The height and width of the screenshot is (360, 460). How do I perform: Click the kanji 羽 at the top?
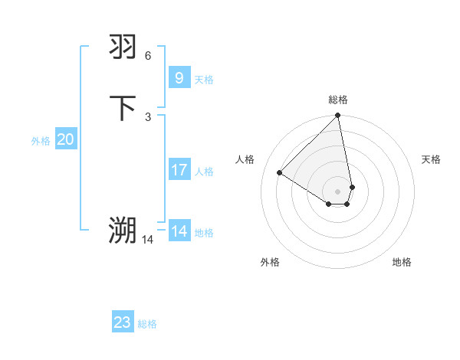point(123,47)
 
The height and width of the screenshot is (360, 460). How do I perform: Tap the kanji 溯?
point(123,230)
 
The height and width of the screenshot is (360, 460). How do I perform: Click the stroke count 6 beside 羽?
point(148,56)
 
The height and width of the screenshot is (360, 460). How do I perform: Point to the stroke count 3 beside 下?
point(148,116)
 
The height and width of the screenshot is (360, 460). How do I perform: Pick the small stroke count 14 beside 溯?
point(147,239)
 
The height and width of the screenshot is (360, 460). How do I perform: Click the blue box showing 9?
point(179,78)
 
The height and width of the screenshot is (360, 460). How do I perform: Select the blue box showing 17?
point(179,170)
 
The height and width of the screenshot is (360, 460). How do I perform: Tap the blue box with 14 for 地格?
point(179,231)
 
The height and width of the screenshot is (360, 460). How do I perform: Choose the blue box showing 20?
point(65,139)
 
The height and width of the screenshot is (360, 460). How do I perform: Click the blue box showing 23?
point(123,322)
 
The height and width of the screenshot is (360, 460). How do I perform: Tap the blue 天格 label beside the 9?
point(204,80)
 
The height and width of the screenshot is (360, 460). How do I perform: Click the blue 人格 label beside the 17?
point(204,172)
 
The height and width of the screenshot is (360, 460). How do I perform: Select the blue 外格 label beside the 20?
point(40,141)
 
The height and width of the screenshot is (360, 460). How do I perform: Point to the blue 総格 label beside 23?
point(147,324)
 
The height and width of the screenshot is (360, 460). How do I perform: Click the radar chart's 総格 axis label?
point(338,100)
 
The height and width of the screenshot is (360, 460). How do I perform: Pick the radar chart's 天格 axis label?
point(431,159)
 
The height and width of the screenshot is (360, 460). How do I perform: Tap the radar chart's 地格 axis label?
point(402,262)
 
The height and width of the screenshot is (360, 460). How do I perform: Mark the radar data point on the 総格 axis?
point(338,116)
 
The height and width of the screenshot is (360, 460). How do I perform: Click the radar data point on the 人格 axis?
point(280,172)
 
